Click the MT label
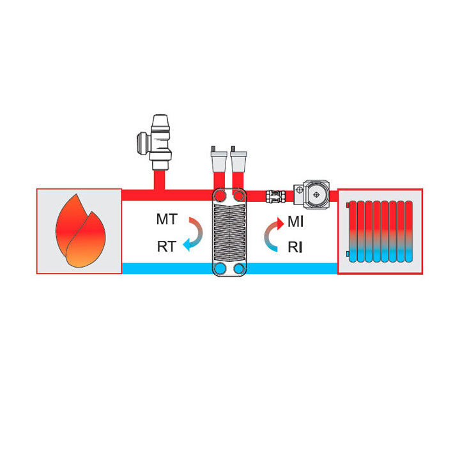(167, 219)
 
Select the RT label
(167, 247)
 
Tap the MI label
(295, 222)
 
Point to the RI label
(295, 247)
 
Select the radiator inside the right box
(379, 231)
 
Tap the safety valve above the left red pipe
(155, 142)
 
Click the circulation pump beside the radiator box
(312, 194)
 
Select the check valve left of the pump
(275, 196)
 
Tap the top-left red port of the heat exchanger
(219, 195)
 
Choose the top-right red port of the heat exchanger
(239, 195)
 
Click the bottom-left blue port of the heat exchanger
(219, 268)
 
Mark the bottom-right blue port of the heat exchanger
(239, 268)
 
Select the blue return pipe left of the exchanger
(167, 268)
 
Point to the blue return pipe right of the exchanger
(292, 268)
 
